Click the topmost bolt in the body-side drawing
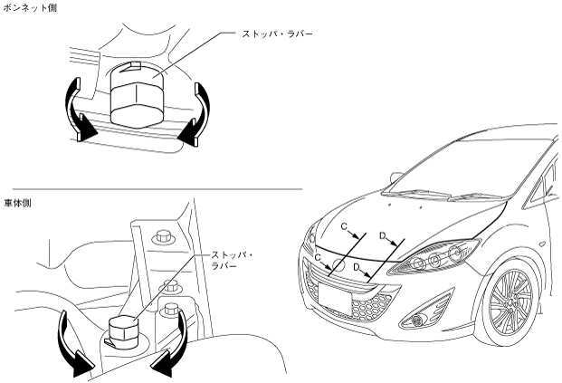click(163, 237)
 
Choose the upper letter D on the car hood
click(383, 236)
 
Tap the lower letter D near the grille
click(359, 268)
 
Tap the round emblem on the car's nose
click(338, 267)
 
